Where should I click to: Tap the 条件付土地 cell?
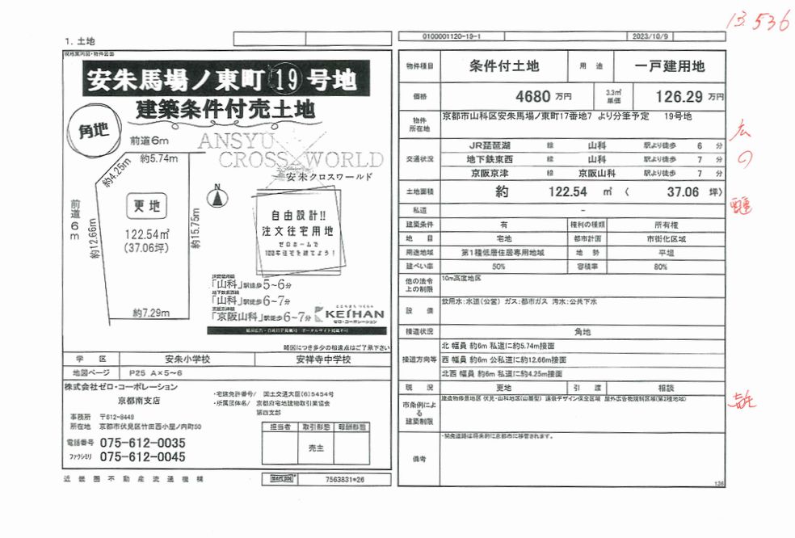503,66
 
